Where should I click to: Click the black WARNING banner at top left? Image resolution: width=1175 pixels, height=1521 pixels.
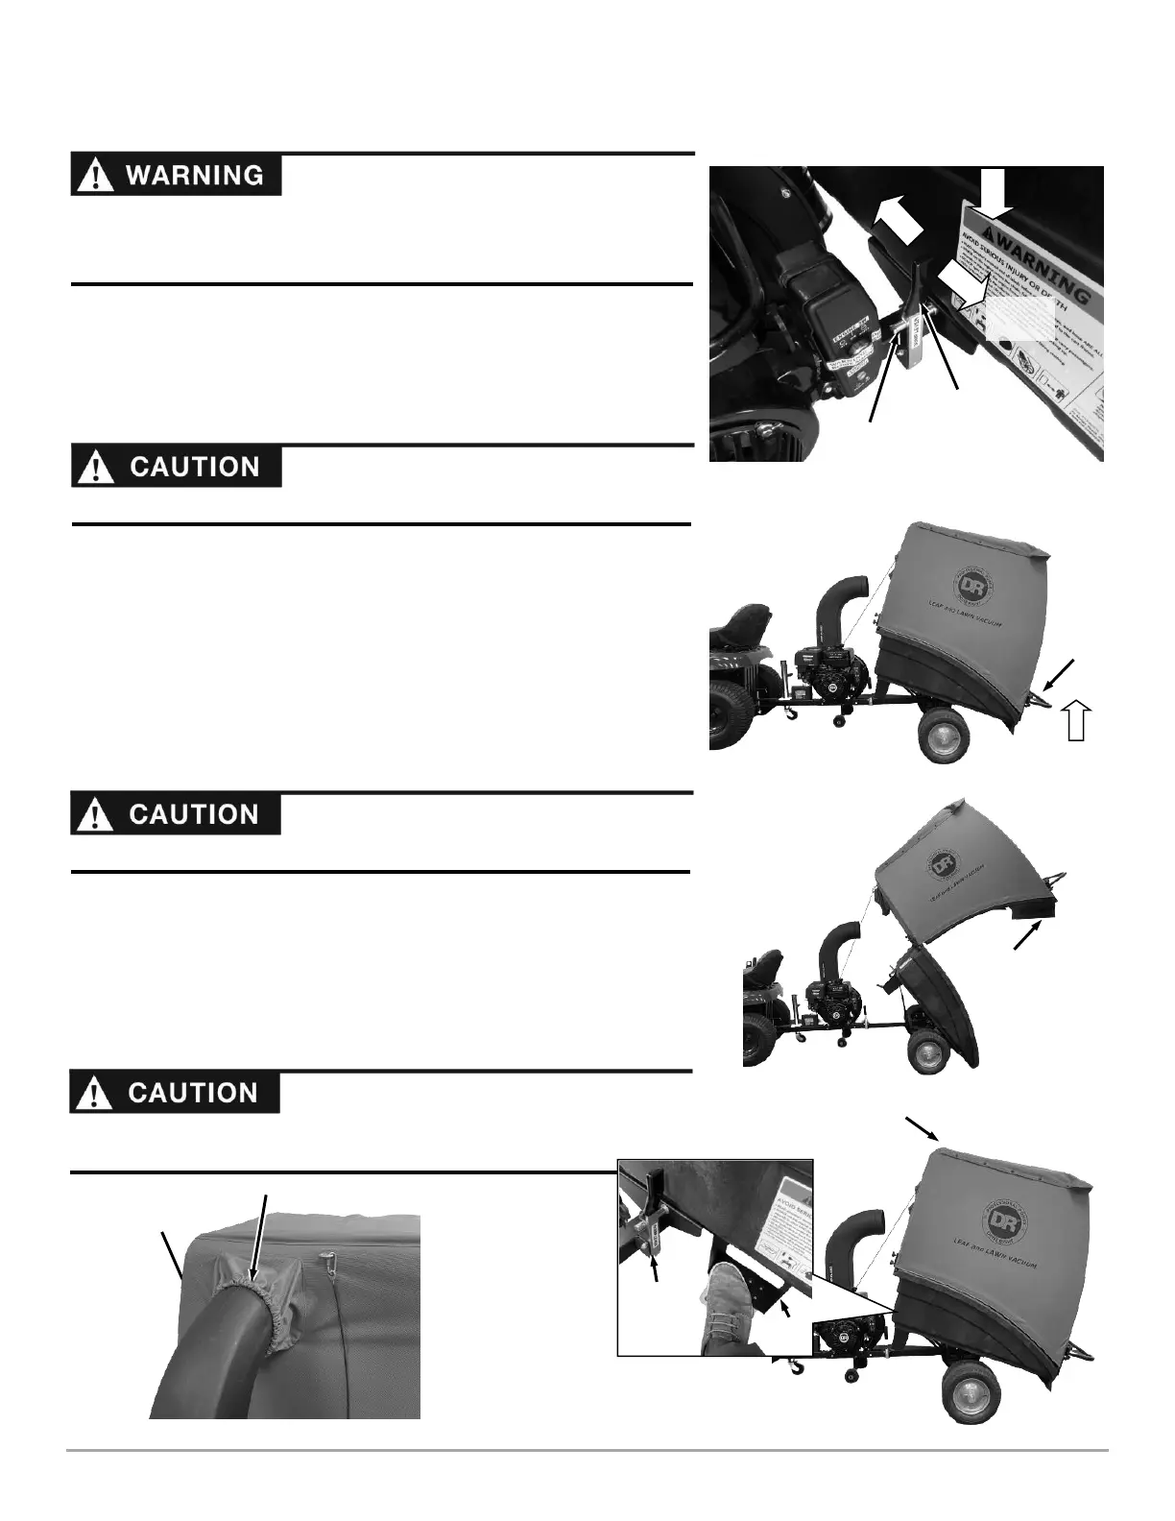pyautogui.click(x=176, y=176)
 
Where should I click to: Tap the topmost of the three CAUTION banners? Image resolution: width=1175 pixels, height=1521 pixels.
pyautogui.click(x=176, y=467)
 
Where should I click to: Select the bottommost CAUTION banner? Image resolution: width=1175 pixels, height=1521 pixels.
pyautogui.click(x=175, y=1093)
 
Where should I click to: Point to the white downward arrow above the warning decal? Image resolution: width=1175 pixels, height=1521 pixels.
pyautogui.click(x=994, y=190)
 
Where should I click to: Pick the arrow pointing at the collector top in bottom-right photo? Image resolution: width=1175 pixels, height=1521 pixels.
pyautogui.click(x=923, y=1129)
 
